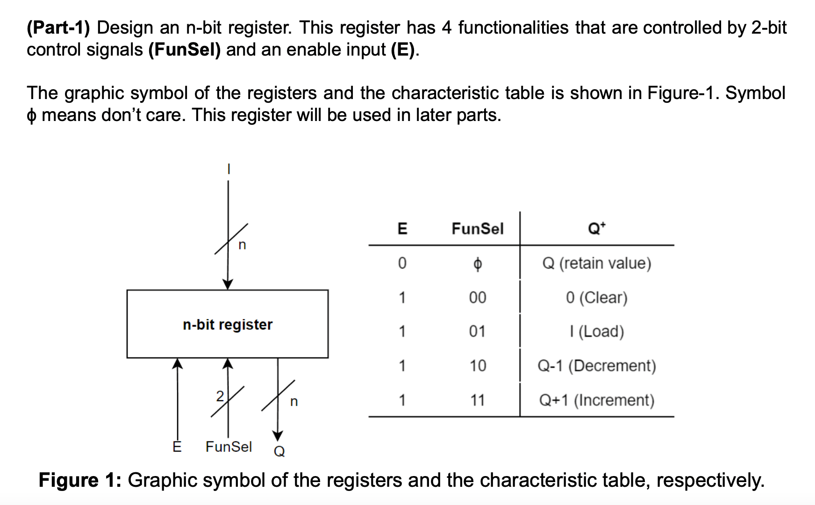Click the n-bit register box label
228,325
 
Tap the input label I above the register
228,169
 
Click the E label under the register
177,447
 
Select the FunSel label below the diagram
229,447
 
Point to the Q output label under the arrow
279,451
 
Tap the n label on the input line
242,245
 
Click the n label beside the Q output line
293,401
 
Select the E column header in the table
402,228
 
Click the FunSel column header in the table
477,228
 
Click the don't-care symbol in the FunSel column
477,264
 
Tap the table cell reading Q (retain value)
596,263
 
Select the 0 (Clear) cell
596,298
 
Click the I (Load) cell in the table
596,331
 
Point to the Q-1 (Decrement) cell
596,365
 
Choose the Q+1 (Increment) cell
596,400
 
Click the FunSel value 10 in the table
477,365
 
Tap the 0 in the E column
402,263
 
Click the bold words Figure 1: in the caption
79,480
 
